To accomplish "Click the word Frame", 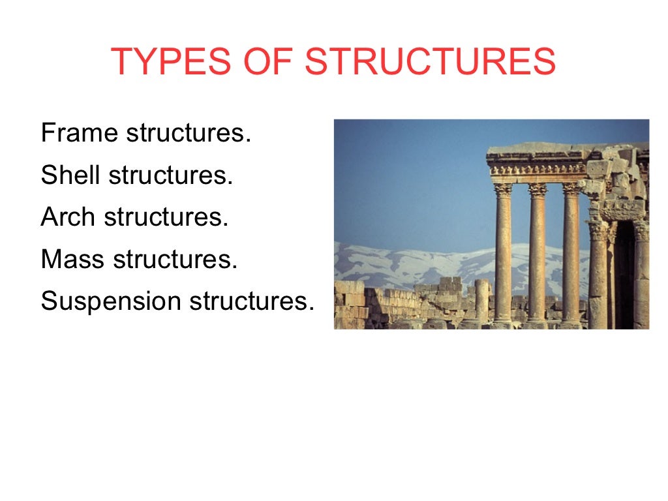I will click(80, 133).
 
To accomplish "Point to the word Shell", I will click(70, 175).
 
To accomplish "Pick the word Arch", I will click(68, 217).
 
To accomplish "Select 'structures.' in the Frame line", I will click(189, 133).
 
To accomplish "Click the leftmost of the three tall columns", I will click(503, 254).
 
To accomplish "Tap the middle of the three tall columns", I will click(538, 254).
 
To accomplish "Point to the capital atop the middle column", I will click(538, 190).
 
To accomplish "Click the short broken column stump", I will click(481, 300).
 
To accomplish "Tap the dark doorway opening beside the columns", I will click(625, 274).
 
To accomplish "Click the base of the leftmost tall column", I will click(502, 321).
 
